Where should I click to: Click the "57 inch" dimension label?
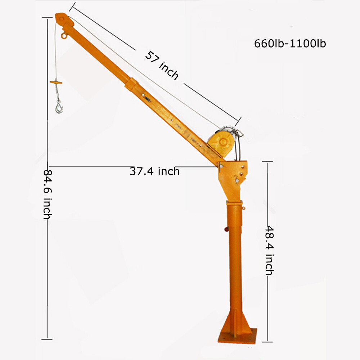[x=162, y=65]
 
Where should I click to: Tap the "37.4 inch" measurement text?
[x=154, y=171]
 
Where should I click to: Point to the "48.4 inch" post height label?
[x=270, y=250]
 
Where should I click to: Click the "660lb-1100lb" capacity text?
[x=290, y=44]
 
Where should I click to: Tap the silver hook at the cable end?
[x=59, y=107]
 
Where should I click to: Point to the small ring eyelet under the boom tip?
[x=64, y=36]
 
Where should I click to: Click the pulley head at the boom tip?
[x=61, y=19]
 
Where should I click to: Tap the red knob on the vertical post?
[x=226, y=229]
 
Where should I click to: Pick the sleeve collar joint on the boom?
[x=132, y=85]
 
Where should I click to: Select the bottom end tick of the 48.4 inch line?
[x=267, y=341]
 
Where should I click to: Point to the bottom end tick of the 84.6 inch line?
[x=47, y=339]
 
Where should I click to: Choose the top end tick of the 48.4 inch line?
[x=267, y=162]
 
